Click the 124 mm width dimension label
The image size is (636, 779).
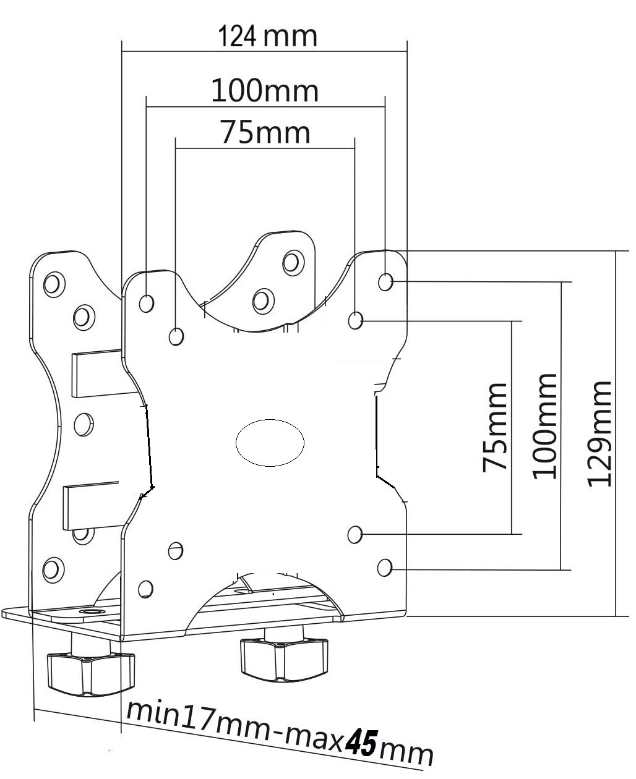(267, 37)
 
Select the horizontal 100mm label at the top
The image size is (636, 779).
(265, 92)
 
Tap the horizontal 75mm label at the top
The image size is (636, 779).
(265, 133)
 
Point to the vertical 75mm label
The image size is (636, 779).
(496, 427)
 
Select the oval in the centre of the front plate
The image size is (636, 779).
(270, 442)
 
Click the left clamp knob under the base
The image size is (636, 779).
(91, 674)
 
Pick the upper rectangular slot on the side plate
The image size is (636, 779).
(98, 374)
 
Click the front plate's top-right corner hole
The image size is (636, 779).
(385, 282)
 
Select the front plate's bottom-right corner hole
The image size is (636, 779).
(385, 566)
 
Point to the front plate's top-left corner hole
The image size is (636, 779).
(147, 303)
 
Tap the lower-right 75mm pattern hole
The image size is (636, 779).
(355, 534)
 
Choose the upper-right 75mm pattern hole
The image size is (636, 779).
(355, 320)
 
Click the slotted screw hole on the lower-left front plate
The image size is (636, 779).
(176, 549)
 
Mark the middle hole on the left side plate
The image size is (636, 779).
(83, 424)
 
